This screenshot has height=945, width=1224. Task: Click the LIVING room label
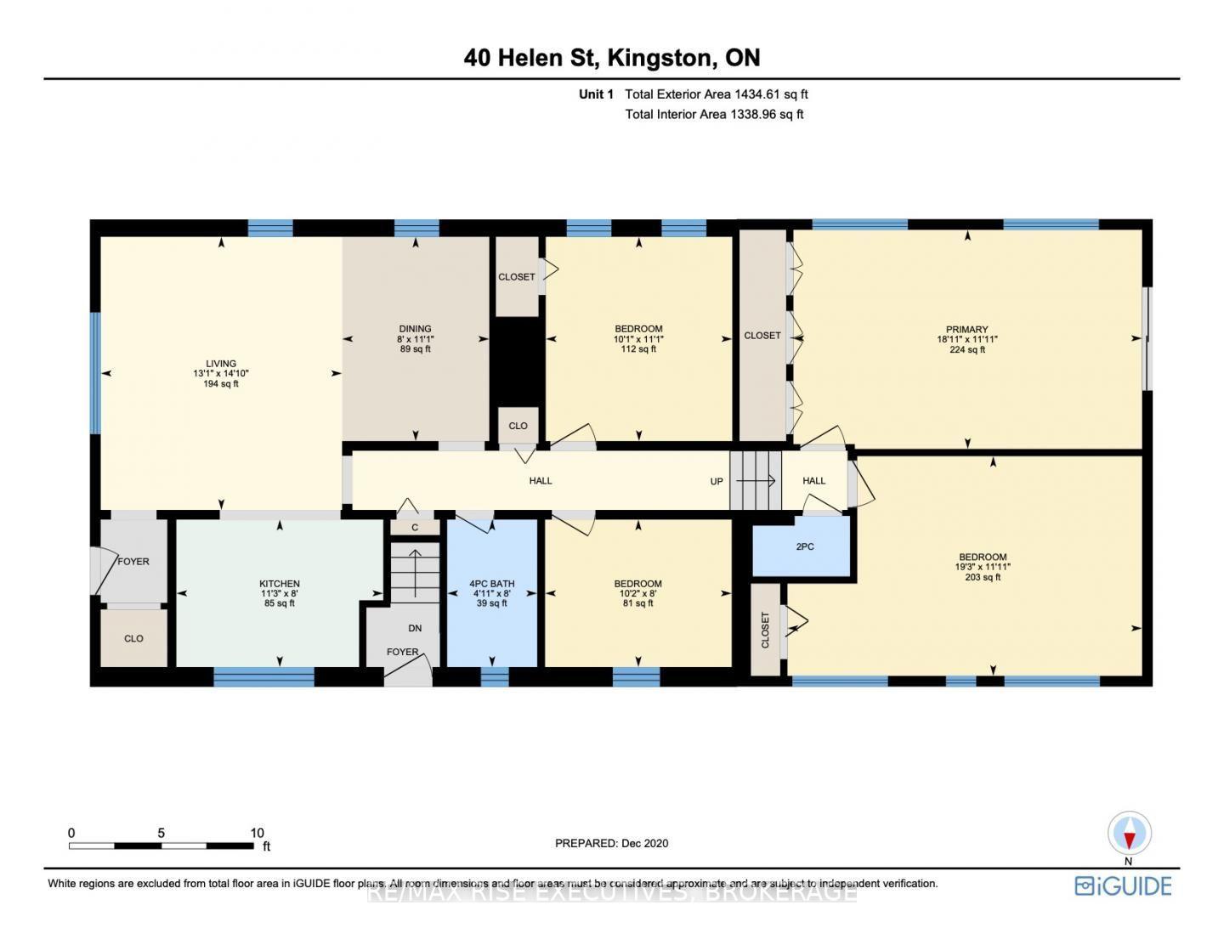(x=221, y=364)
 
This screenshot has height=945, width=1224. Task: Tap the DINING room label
(x=415, y=329)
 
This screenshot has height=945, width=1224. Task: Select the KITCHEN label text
(x=280, y=584)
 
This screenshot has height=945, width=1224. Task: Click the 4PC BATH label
(x=492, y=584)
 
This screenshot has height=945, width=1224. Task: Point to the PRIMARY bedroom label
(x=967, y=330)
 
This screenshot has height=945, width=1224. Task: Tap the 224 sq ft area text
(x=967, y=350)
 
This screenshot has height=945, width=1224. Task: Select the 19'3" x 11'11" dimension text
(x=983, y=567)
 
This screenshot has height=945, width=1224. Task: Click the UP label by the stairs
(x=717, y=482)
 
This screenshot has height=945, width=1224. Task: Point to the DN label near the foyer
(x=415, y=629)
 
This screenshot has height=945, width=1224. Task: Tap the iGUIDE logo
(x=1123, y=886)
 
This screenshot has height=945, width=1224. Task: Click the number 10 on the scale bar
(x=257, y=833)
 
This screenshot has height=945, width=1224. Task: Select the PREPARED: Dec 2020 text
(x=612, y=843)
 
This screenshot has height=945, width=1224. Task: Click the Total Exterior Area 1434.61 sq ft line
(x=717, y=94)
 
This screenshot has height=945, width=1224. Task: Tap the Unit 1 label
(x=596, y=94)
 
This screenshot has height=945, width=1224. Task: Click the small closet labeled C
(x=415, y=528)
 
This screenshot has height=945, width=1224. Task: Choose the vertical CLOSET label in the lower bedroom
(x=765, y=630)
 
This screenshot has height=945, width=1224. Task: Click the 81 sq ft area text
(x=638, y=603)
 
